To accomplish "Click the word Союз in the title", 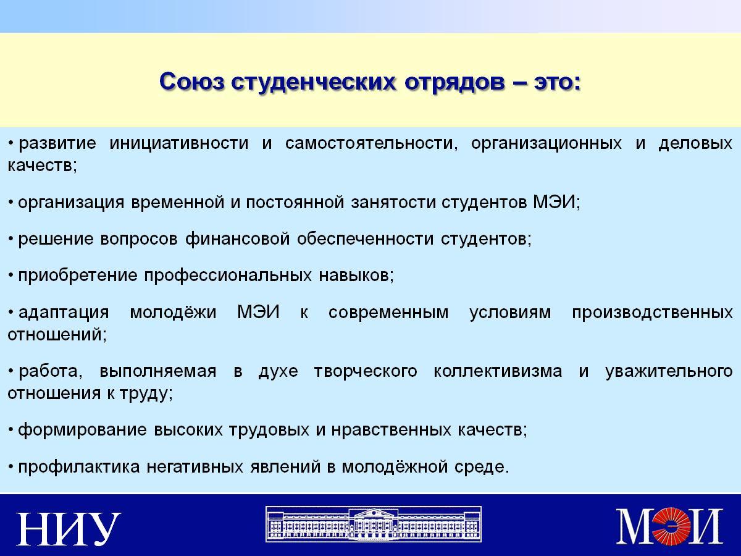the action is [192, 82].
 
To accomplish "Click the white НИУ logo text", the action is [69, 529].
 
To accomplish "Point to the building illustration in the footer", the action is [374, 524].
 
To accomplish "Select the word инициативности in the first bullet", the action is [179, 143].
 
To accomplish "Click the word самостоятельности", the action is [372, 143].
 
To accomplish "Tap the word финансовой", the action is [237, 238].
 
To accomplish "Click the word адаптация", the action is [64, 313].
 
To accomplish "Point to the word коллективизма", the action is [498, 371].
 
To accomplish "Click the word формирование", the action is [82, 431].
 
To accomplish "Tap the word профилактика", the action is [79, 468].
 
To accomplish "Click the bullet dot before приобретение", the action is [10, 276].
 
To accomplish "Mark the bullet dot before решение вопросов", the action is [10, 239].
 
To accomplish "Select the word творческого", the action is [366, 372].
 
